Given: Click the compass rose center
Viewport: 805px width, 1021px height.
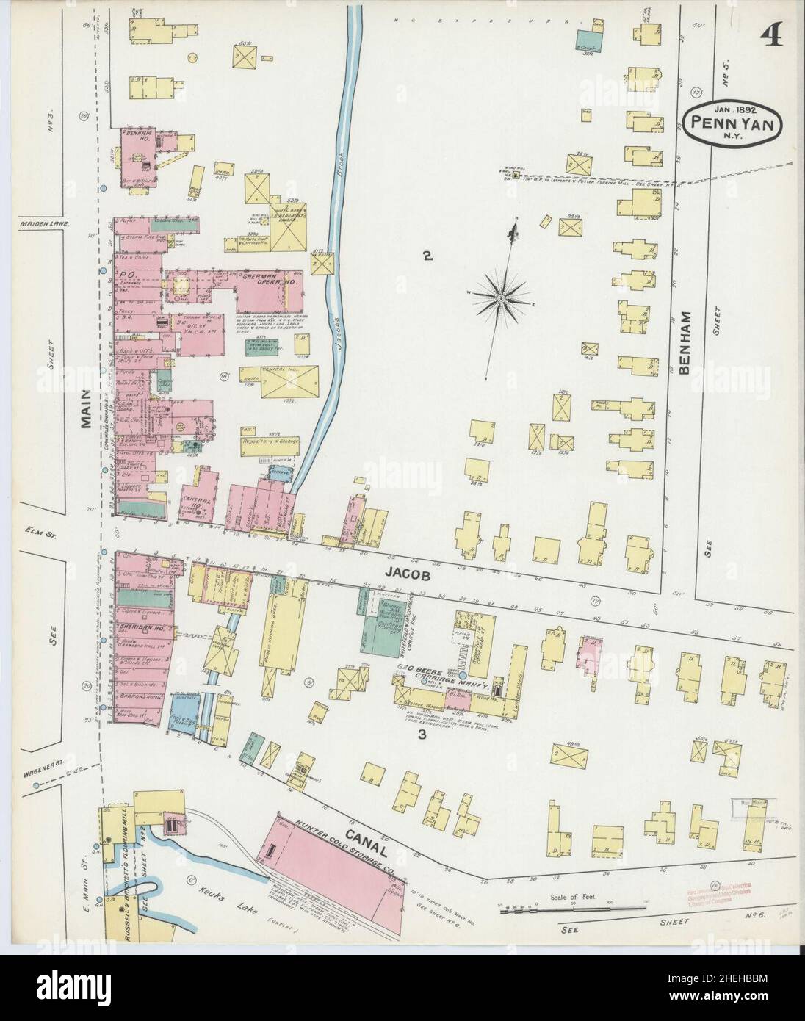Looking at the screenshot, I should pos(500,299).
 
